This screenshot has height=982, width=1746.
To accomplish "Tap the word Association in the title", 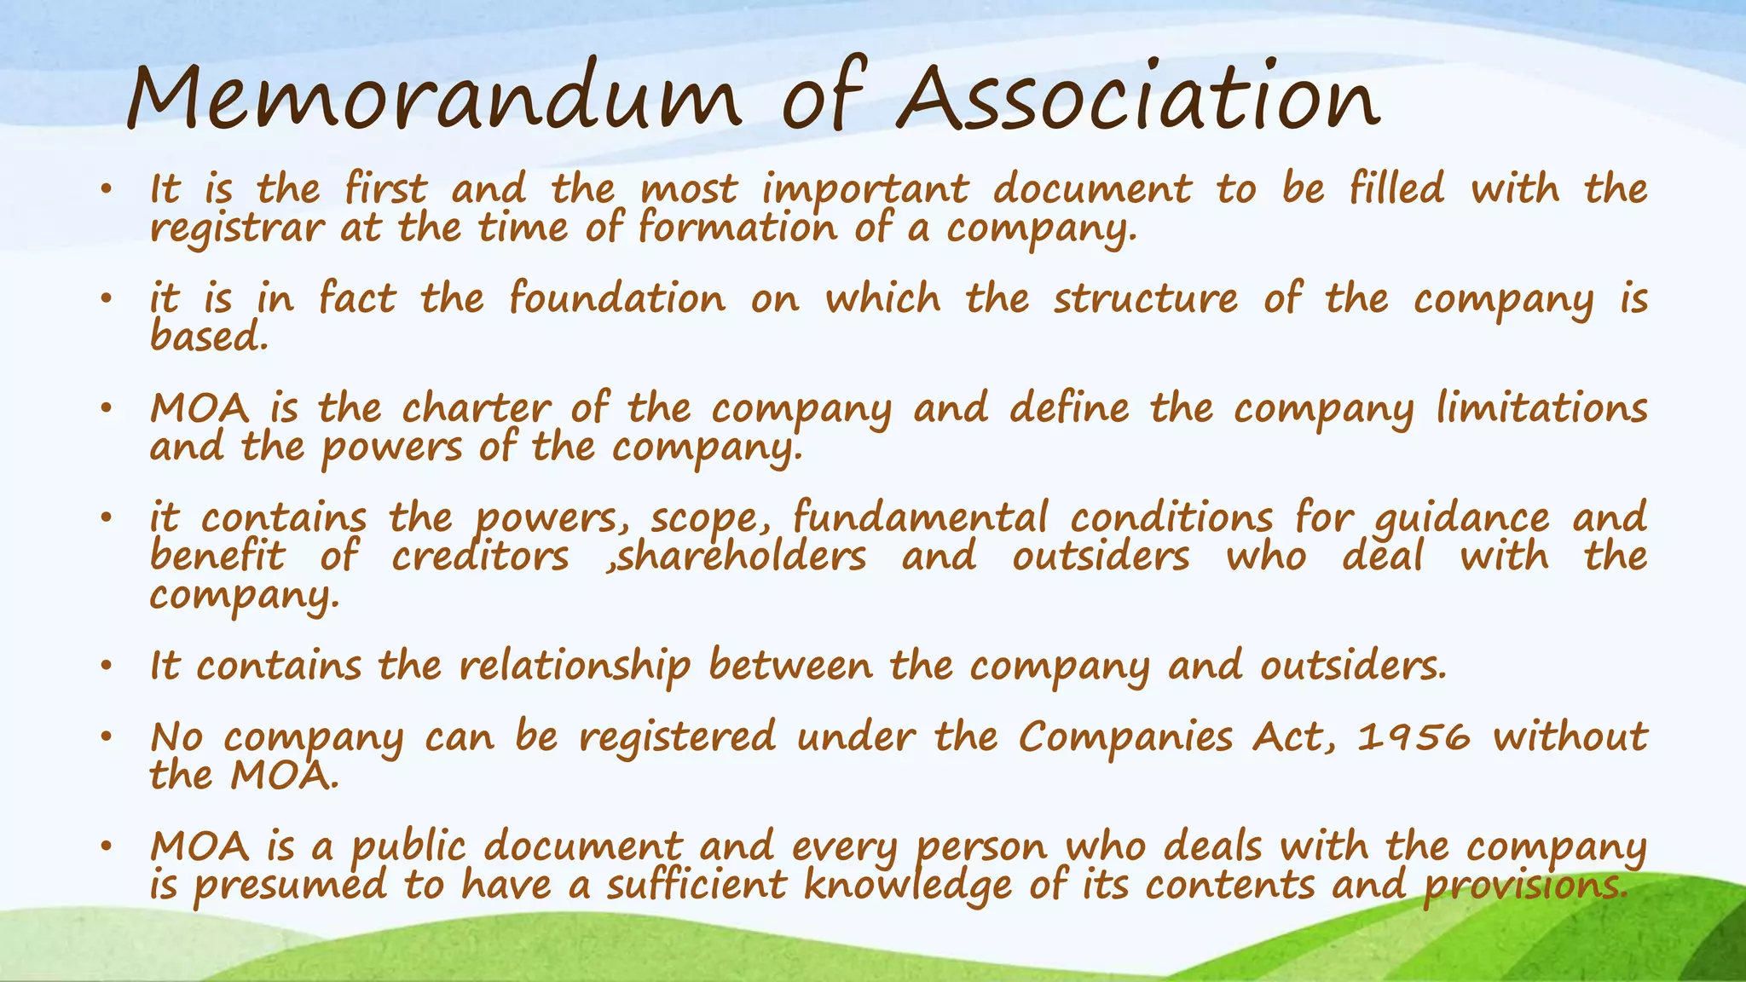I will click(x=1137, y=98).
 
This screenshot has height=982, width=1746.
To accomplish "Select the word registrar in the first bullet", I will click(x=237, y=228).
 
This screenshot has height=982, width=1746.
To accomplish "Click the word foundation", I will click(x=617, y=298).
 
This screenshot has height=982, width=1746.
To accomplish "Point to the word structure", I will click(x=1145, y=298).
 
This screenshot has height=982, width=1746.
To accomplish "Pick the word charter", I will click(x=476, y=407).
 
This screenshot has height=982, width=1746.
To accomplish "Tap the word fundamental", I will click(x=920, y=517).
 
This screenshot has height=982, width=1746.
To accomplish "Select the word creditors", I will click(x=480, y=557).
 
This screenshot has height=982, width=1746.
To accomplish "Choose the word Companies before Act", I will click(x=1125, y=736).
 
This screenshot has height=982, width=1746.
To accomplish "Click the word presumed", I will click(x=289, y=886).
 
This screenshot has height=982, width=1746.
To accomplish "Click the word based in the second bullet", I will click(x=208, y=337).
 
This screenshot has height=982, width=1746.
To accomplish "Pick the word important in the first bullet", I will click(x=865, y=189).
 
